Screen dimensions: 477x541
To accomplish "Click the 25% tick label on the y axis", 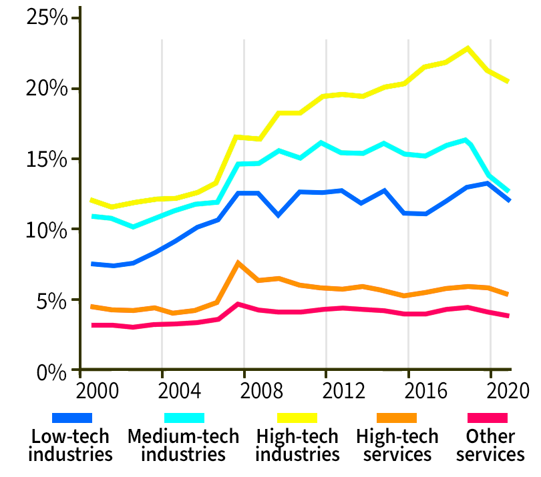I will (47, 17).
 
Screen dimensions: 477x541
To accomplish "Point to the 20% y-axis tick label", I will (47, 88).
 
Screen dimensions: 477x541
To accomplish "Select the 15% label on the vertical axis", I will (47, 159).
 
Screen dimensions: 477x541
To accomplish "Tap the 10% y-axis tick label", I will (47, 229).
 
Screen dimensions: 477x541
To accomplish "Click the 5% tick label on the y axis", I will (52, 300).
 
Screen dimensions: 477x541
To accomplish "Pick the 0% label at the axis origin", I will (52, 371).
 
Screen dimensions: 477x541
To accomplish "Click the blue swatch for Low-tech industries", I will (72, 418).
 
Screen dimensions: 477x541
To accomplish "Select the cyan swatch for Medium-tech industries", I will (184, 418).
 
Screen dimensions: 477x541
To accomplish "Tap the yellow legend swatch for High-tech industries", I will (297, 418).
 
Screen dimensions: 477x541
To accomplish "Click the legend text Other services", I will (491, 446).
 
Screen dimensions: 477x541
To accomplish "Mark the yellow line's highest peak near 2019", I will (468, 48).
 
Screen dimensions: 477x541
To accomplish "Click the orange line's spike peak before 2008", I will (238, 263).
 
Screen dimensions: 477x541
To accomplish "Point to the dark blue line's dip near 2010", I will (279, 215).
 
